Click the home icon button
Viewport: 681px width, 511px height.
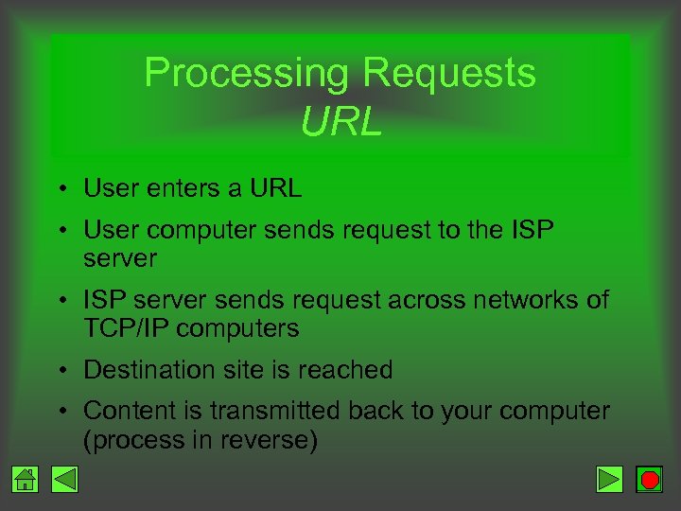click(x=26, y=480)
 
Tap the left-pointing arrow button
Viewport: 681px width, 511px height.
click(x=63, y=480)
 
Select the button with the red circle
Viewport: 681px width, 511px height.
click(x=649, y=480)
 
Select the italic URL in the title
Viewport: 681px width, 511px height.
click(x=340, y=121)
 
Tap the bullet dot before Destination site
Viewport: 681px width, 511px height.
click(x=60, y=370)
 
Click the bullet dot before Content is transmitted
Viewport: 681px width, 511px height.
click(x=60, y=411)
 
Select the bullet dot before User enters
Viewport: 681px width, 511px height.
click(x=60, y=188)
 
